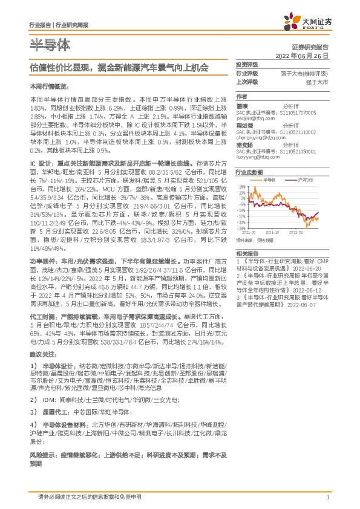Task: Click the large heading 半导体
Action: [50, 45]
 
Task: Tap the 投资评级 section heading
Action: [247, 63]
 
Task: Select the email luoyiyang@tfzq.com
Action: [260, 155]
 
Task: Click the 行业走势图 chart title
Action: [248, 172]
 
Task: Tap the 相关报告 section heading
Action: [247, 253]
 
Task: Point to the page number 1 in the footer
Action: [327, 498]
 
